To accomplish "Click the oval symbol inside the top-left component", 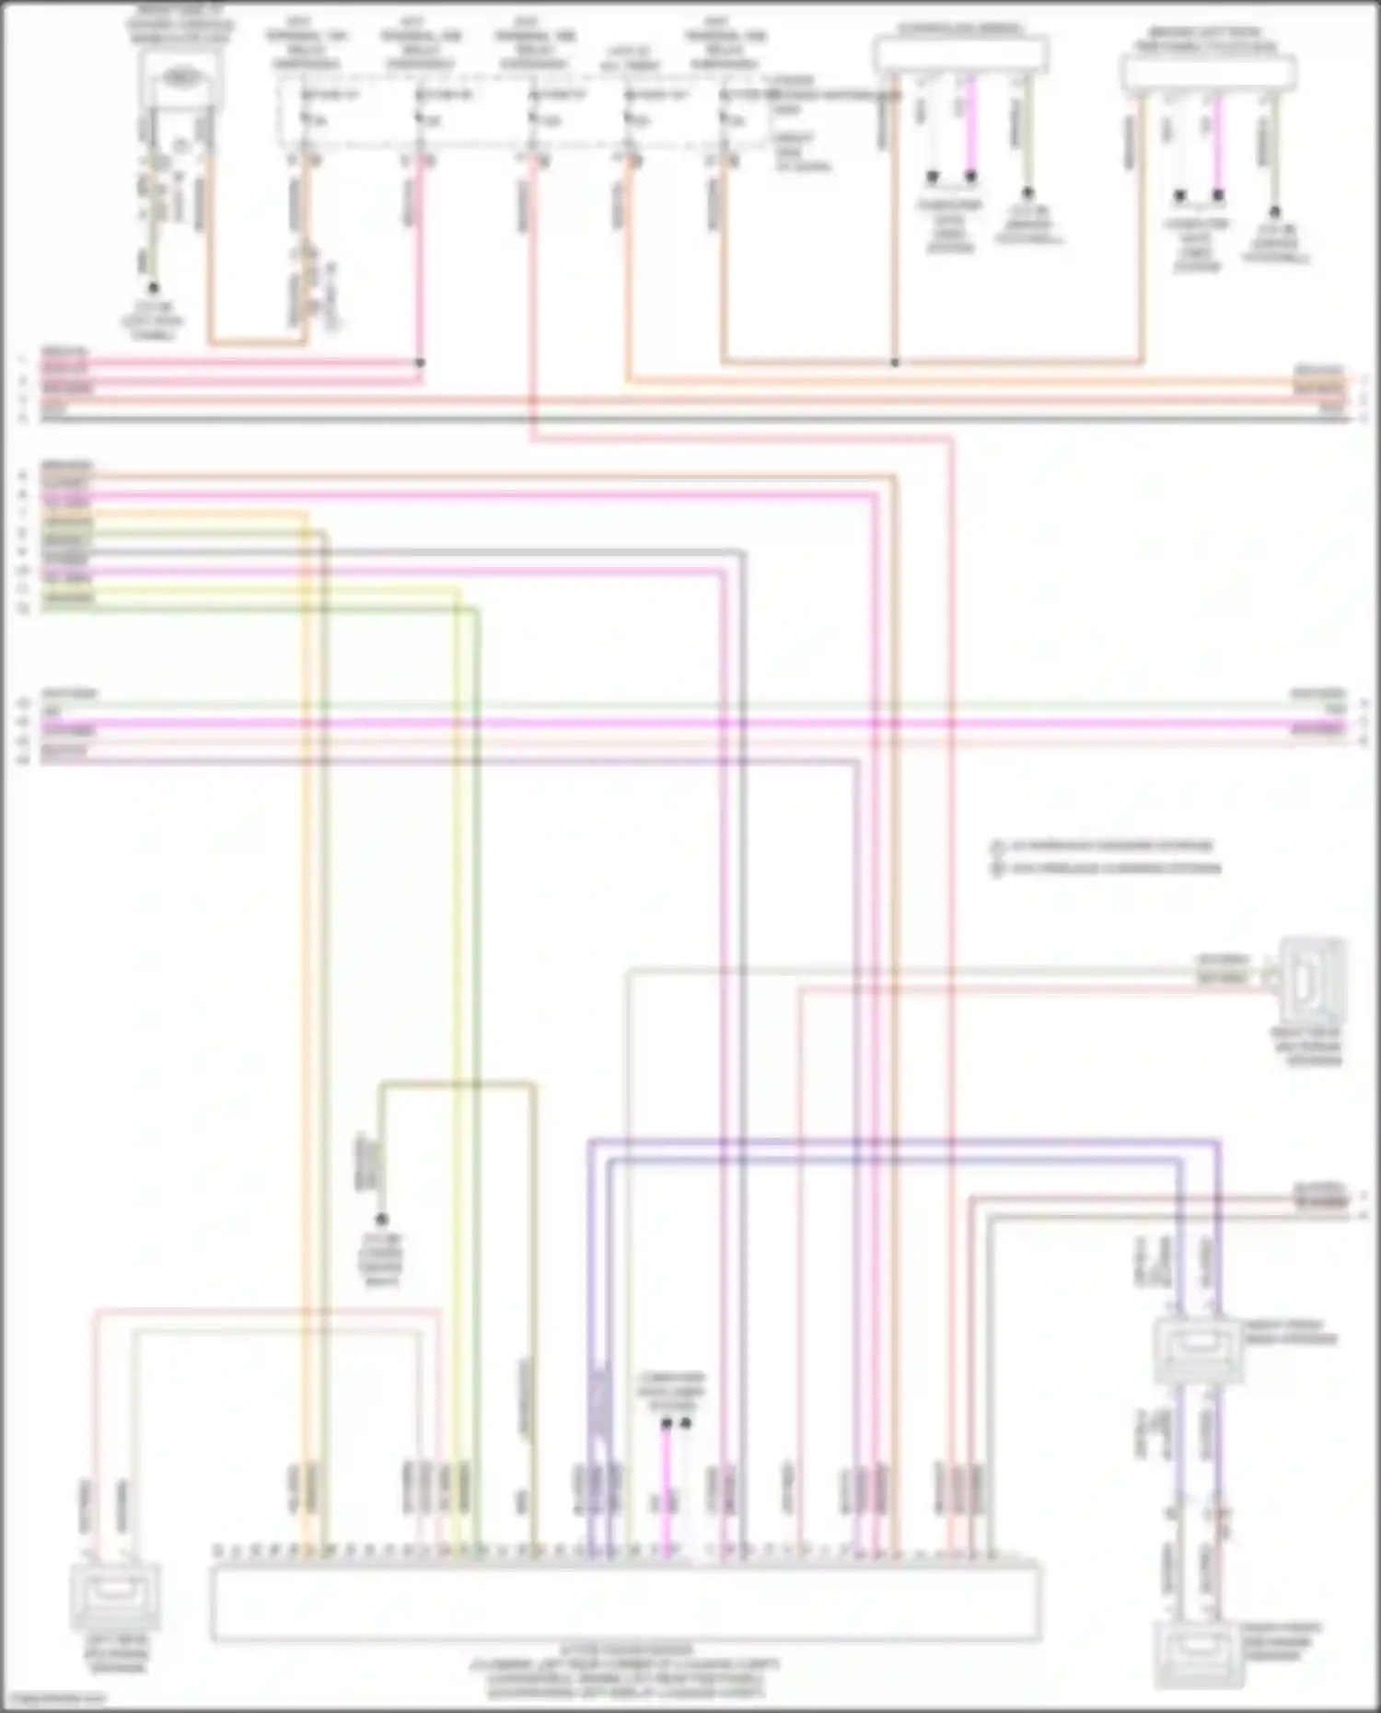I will (180, 80).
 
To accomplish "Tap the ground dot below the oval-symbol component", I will (154, 288).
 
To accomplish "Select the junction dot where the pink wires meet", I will (420, 364).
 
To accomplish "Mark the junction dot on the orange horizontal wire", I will (895, 363).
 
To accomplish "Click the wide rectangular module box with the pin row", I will (626, 1602).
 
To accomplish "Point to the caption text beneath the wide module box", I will (626, 1673).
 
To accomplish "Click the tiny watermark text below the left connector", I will (55, 1699).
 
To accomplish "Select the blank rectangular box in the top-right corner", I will (1209, 72).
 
